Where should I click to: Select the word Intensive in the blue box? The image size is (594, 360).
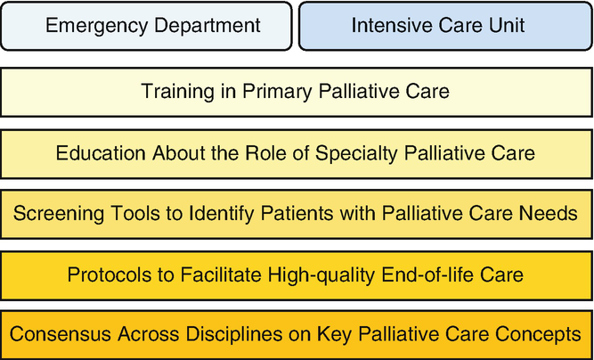coord(391,25)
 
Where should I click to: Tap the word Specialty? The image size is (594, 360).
coord(356,154)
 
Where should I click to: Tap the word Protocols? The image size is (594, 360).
coord(112,274)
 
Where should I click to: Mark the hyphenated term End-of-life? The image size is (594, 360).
coord(427,274)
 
